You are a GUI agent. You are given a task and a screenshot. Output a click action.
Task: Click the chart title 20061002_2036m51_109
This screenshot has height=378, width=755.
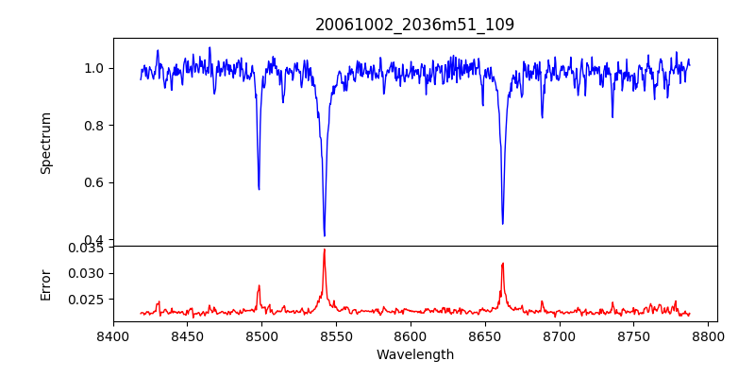tap(414, 25)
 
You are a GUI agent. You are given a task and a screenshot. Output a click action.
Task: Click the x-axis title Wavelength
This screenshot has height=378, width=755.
tap(414, 355)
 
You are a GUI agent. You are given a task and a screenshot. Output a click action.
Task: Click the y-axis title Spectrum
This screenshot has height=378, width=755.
tap(46, 143)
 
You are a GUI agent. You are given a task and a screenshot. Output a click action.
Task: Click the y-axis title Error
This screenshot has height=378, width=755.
tap(46, 283)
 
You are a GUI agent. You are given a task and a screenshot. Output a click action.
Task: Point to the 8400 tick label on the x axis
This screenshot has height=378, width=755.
tap(113, 335)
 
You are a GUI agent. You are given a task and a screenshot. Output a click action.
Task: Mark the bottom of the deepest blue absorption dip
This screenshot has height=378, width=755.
tap(324, 235)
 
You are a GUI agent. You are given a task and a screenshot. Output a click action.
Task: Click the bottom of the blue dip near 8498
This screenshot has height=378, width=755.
tap(259, 189)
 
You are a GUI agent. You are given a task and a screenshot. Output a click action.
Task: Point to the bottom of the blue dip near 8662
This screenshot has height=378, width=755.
tap(502, 224)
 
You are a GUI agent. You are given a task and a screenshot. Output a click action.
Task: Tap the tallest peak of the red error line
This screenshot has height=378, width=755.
tap(324, 249)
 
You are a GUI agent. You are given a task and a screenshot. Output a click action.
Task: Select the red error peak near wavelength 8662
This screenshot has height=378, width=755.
tap(502, 264)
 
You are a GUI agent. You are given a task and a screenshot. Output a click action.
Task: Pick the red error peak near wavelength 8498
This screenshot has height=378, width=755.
tap(259, 285)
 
